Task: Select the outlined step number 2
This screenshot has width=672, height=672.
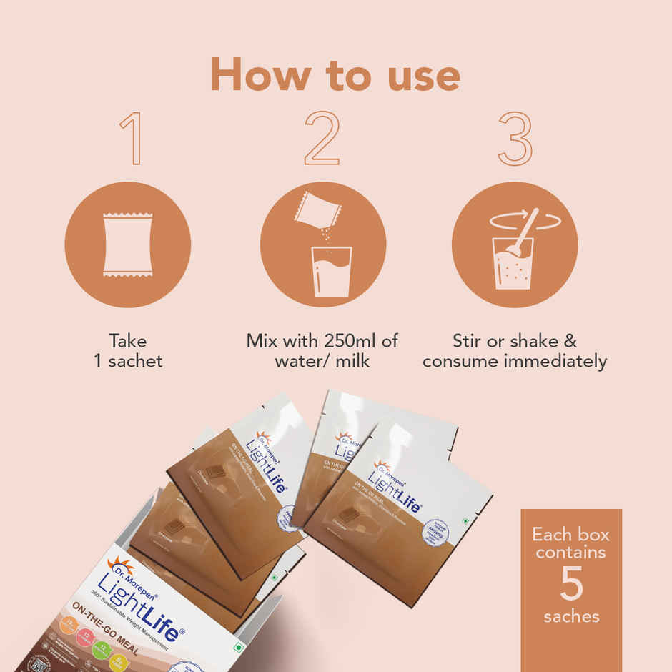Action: pyautogui.click(x=321, y=139)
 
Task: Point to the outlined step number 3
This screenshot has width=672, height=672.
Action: pyautogui.click(x=515, y=139)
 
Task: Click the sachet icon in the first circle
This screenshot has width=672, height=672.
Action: pyautogui.click(x=127, y=244)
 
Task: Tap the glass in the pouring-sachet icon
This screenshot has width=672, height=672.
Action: pyautogui.click(x=331, y=272)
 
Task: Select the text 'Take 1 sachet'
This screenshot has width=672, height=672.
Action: pyautogui.click(x=128, y=350)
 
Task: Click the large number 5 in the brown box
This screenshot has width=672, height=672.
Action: pyautogui.click(x=571, y=585)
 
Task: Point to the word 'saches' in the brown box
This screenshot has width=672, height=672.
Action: pyautogui.click(x=571, y=616)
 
